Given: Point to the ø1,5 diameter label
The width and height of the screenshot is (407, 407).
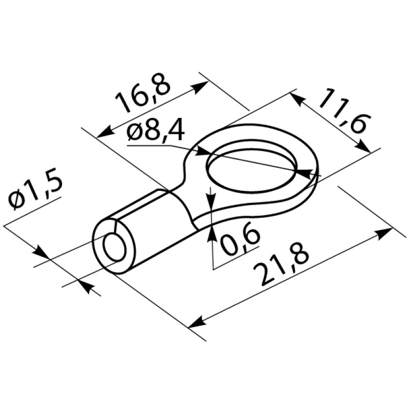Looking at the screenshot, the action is pyautogui.click(x=35, y=193).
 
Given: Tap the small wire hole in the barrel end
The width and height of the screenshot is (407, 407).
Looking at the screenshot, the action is pyautogui.click(x=114, y=247).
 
